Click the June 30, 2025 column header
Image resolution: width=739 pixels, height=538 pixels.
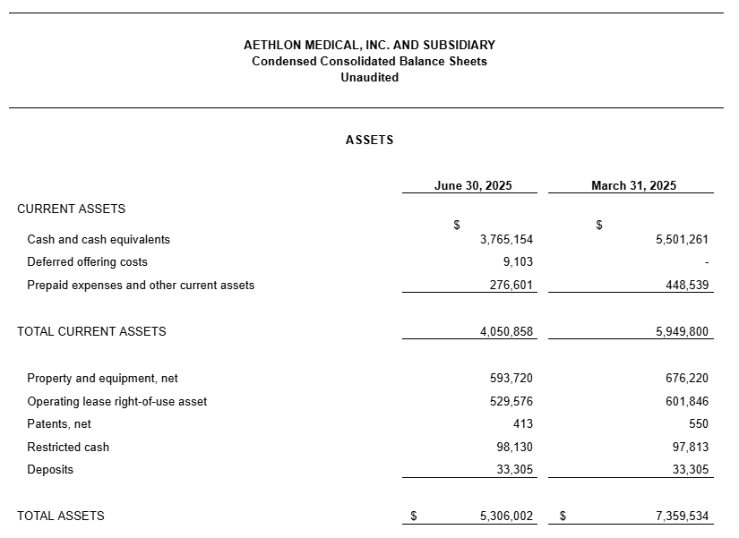click(473, 186)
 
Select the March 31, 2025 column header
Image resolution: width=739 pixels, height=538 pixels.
click(633, 186)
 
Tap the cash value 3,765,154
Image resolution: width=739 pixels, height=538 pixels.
click(506, 240)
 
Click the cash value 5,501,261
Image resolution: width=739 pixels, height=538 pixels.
click(682, 240)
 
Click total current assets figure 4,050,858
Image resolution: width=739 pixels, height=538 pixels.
click(506, 332)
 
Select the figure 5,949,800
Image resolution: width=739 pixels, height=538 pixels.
click(682, 332)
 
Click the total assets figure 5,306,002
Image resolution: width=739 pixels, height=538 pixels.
click(506, 517)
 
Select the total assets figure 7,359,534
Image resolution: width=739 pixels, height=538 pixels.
click(682, 517)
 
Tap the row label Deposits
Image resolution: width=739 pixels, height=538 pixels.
click(50, 470)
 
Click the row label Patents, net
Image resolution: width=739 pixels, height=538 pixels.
click(59, 424)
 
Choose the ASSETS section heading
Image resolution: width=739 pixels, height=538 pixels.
click(369, 141)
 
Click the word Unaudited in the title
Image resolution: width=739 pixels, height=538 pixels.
click(369, 78)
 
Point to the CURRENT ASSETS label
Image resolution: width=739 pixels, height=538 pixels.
click(71, 209)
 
